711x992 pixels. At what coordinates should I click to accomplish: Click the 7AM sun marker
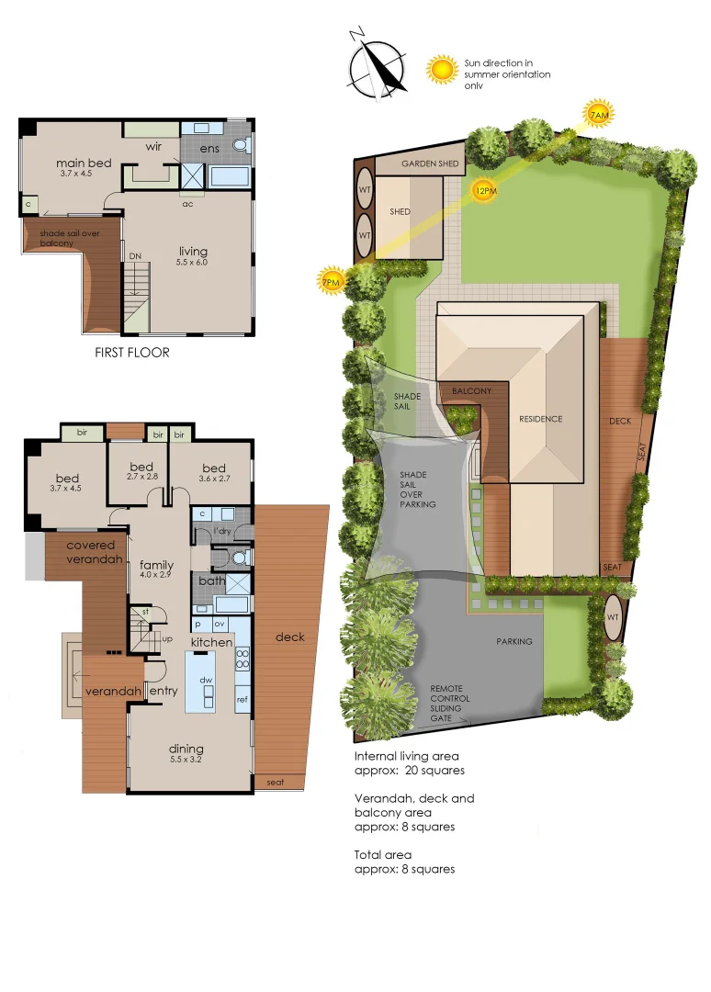point(598,114)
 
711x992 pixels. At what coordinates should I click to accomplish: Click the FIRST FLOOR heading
point(132,352)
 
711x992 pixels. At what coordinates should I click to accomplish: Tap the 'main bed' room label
point(84,163)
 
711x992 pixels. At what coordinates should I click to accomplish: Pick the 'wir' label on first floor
point(155,146)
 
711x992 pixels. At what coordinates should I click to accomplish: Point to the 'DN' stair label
point(135,256)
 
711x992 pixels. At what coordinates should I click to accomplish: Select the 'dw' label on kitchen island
point(209,681)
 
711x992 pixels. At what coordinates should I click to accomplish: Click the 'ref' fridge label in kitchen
point(243,700)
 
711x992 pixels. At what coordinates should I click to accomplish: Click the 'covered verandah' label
point(90,552)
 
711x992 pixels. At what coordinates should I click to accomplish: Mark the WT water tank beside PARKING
point(614,617)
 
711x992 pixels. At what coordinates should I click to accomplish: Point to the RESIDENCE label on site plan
point(540,419)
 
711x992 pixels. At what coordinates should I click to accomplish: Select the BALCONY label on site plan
point(472,391)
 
